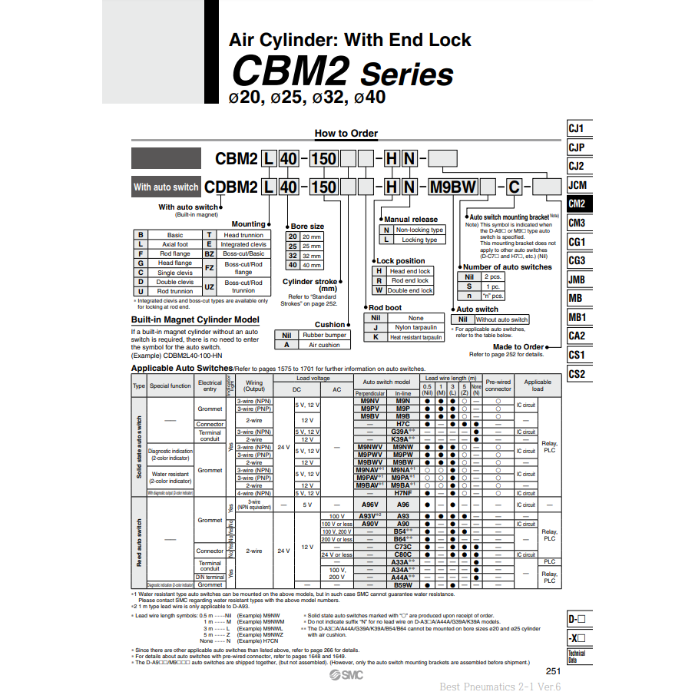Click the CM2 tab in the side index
pos(578,204)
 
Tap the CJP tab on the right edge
pos(578,147)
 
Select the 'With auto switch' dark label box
pos(166,187)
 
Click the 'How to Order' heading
pos(346,134)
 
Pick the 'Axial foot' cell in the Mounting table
pos(175,244)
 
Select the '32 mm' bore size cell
pos(311,256)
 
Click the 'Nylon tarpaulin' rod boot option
pos(415,327)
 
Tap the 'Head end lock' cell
pos(410,271)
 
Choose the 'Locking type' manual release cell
pos(419,240)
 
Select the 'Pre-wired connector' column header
pos(498,385)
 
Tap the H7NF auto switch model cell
pos(403,493)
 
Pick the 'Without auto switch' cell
pos(501,319)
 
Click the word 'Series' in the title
pos(407,75)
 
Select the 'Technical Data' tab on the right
pos(578,656)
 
